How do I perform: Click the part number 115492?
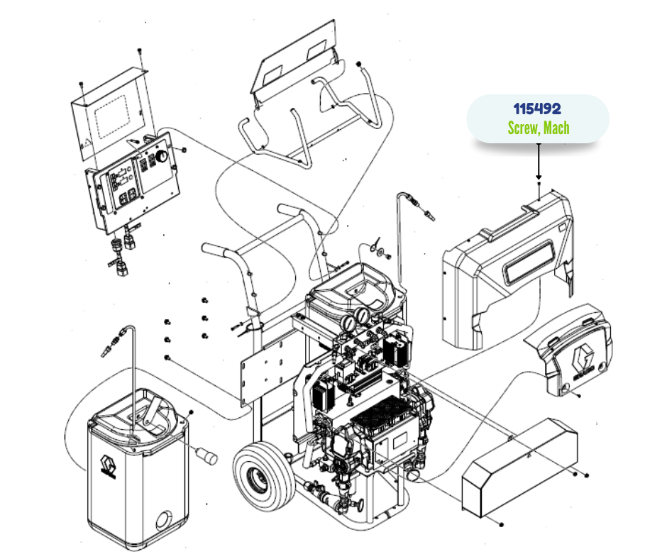point(537,109)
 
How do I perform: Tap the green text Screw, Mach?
point(539,128)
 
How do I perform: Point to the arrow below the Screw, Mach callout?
point(539,161)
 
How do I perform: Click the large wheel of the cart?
point(264,475)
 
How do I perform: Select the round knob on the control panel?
point(162,156)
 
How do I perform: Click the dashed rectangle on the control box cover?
point(111,117)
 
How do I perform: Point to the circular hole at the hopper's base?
point(164,520)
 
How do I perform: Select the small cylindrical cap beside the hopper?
point(206,455)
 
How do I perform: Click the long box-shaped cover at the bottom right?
point(520,467)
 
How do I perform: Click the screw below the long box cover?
point(502,524)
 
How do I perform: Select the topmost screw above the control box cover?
point(140,51)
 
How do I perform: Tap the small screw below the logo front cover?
point(578,396)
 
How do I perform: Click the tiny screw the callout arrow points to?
point(539,184)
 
